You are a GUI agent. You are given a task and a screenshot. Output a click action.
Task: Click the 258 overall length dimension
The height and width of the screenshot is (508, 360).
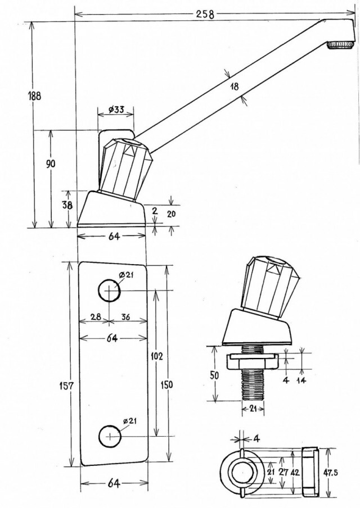[205, 14]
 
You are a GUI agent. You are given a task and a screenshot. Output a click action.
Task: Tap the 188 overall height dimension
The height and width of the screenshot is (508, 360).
[34, 96]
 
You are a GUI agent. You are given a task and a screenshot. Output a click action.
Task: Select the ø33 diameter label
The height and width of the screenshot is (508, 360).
[115, 110]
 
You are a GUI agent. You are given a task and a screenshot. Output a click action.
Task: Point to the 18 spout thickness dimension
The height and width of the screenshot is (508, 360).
[235, 87]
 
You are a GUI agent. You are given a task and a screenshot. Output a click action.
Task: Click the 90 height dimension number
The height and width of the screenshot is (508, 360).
[50, 164]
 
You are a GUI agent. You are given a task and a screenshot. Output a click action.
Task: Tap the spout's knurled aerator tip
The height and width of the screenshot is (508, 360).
[340, 45]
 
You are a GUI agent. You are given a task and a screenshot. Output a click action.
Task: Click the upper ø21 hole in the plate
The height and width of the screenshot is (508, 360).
[110, 291]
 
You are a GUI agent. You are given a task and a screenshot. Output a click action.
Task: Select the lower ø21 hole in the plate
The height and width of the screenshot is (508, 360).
[110, 437]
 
